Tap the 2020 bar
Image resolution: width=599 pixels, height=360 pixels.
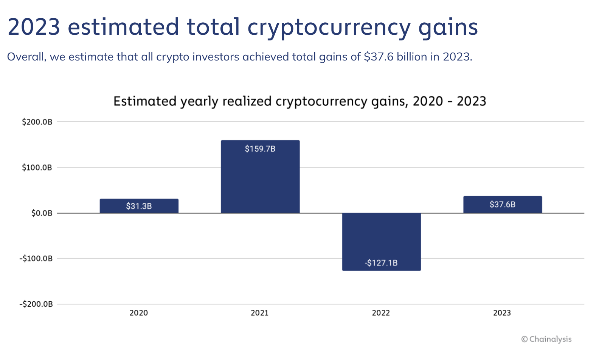tap(139, 206)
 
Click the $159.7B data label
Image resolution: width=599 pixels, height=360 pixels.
tap(260, 149)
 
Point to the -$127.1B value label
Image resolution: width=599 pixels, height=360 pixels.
tap(381, 263)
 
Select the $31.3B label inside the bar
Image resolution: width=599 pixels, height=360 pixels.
tap(139, 206)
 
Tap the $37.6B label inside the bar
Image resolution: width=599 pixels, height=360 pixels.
tap(503, 205)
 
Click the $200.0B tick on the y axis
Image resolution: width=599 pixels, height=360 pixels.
tap(37, 122)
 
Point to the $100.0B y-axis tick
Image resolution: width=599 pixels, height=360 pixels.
tap(37, 168)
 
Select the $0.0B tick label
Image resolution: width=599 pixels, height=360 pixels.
tap(42, 213)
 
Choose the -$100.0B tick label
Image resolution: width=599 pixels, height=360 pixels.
tap(36, 259)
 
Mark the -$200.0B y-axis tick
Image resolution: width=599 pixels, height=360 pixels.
tap(36, 304)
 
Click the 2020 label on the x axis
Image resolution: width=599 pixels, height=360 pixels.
tap(139, 313)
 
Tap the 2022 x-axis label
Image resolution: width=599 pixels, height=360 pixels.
tap(381, 313)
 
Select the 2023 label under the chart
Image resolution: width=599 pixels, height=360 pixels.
tap(502, 313)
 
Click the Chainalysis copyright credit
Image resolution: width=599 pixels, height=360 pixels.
tap(546, 339)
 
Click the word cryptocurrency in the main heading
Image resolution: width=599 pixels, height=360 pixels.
tap(329, 28)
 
